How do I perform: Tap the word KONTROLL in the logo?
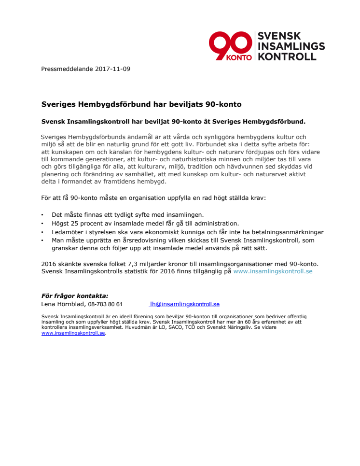click(288, 56)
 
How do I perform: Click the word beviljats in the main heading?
click(186, 104)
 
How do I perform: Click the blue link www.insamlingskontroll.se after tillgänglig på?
click(273, 271)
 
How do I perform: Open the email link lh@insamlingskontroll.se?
click(185, 304)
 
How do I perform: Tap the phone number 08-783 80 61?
click(105, 304)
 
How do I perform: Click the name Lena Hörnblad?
click(63, 304)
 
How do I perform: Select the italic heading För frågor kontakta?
click(75, 296)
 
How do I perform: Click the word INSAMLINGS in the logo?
click(291, 46)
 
